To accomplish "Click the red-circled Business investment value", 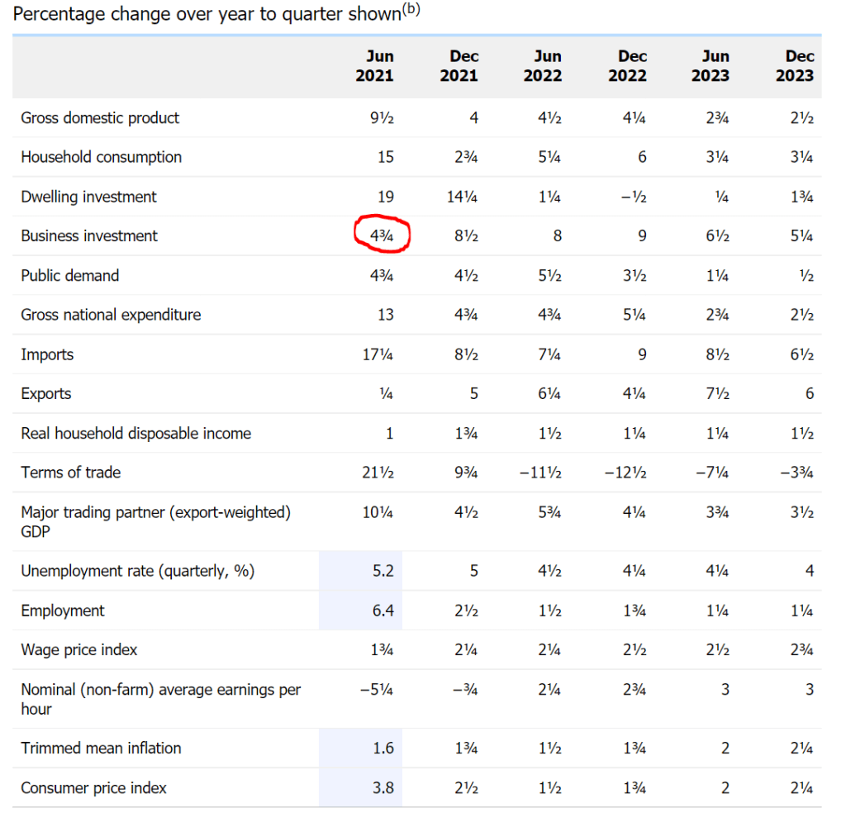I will (382, 236).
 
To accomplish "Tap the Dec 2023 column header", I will (799, 66).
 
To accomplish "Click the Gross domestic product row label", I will (100, 118).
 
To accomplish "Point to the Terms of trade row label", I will (71, 473).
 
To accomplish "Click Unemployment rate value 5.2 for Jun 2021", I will (382, 571).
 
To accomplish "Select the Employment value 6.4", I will (382, 611).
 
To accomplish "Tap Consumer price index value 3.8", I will (382, 788).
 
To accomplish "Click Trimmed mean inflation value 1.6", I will (382, 749).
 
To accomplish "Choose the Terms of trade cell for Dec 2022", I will (625, 473).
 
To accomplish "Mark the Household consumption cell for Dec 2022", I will (641, 157).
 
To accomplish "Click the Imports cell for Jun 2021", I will (378, 354).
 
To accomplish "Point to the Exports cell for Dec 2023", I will (810, 394).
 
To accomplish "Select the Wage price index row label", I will (79, 650).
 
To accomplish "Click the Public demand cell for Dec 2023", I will (806, 276).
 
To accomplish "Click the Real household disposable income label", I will (136, 434).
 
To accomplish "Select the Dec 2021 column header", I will (463, 66).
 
